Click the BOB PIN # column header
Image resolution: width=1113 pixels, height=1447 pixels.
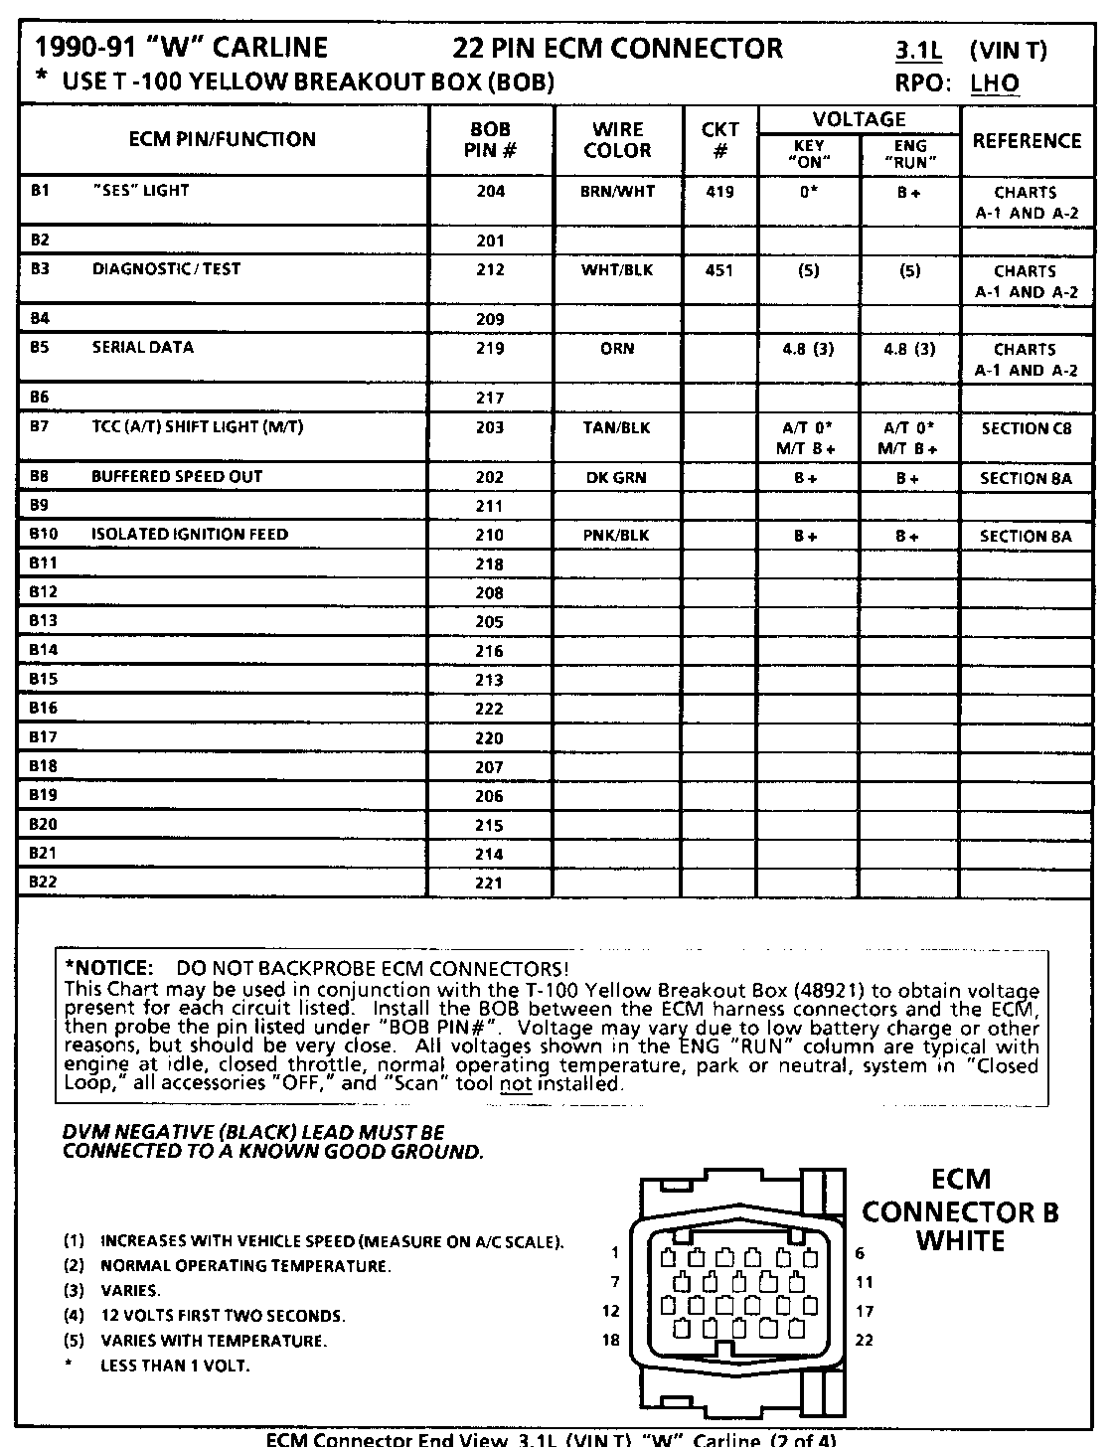[490, 140]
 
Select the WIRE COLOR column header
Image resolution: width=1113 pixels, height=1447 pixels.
[617, 140]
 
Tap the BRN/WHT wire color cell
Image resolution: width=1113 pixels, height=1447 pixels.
[617, 192]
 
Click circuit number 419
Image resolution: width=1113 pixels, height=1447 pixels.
[719, 192]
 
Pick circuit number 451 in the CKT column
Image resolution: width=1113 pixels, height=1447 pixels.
[719, 270]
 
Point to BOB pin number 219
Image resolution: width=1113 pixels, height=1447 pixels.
[490, 349]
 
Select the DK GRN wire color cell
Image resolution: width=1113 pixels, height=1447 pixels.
[617, 478]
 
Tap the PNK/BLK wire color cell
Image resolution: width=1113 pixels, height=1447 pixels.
[617, 536]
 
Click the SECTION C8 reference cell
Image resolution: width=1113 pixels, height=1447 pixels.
[1026, 429]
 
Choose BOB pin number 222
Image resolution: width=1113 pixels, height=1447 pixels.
[490, 710]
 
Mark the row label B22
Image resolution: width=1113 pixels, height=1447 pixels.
[43, 883]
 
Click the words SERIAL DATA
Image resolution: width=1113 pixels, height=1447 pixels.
[143, 348]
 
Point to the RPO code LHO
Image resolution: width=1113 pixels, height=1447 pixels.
[995, 83]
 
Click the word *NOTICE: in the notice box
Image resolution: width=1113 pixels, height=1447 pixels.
[108, 968]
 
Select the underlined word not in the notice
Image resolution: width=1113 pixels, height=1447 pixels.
[516, 1084]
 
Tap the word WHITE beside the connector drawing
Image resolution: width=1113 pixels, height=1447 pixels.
[960, 1241]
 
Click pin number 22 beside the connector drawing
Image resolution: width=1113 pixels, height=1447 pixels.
[865, 1340]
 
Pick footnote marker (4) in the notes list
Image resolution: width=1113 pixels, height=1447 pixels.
[74, 1316]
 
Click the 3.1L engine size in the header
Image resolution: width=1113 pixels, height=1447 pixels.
[919, 49]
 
